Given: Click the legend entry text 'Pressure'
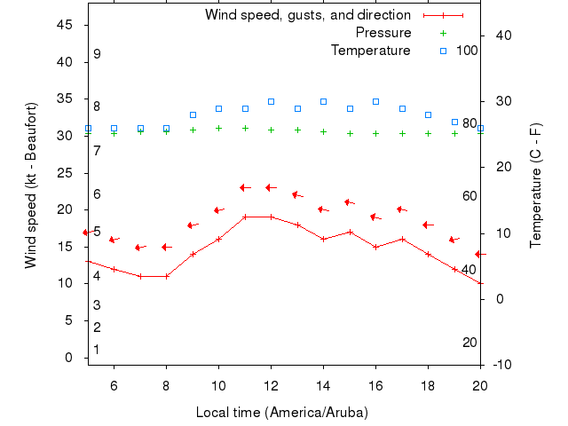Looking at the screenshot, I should click(383, 33).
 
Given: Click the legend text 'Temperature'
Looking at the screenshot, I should click(371, 51).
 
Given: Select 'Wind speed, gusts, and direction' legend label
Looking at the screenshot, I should click(308, 15).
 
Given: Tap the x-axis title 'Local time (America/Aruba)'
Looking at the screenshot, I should click(282, 413).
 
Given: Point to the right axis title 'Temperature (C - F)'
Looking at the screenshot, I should click(536, 185).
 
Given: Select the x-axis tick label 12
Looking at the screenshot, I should click(271, 385).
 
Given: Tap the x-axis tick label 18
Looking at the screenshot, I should click(428, 385).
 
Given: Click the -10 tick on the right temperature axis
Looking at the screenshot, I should click(502, 365).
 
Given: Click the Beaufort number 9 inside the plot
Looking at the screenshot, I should click(97, 54).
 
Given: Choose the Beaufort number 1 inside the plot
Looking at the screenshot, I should click(97, 350).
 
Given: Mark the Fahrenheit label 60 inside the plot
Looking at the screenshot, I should click(470, 196).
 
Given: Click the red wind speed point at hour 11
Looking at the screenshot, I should click(245, 217).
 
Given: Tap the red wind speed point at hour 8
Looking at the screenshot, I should click(166, 276).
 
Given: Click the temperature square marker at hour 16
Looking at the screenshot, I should click(375, 101).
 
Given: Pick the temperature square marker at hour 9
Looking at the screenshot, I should click(193, 114).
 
